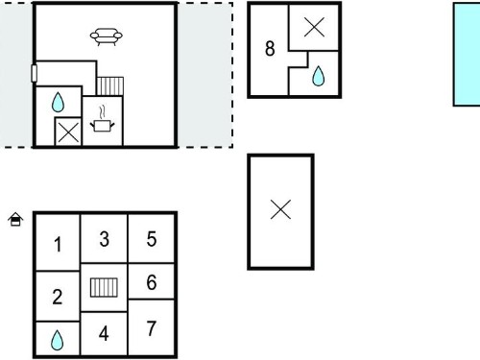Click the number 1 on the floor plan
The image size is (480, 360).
58,245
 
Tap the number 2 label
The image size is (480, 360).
58,297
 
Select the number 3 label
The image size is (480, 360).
105,239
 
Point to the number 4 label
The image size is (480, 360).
104,334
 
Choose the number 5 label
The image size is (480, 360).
152,239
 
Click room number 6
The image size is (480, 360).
152,282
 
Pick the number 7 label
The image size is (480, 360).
152,328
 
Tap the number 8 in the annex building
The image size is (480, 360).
270,49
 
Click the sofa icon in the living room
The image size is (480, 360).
107,37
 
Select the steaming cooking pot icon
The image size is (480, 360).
103,119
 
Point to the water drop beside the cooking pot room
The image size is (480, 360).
58,102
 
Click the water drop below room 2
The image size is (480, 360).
57,340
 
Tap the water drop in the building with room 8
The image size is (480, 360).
318,76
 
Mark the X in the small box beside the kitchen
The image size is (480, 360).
68,132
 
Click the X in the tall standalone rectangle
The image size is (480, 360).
280,209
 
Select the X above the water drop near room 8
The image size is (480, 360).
314,27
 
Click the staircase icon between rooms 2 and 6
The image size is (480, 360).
104,287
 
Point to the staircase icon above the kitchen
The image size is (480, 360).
110,86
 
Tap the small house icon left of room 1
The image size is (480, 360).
15,220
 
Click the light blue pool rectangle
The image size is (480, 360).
467,55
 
